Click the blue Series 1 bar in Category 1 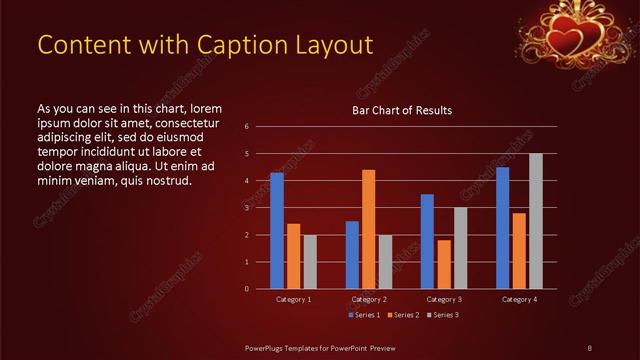point(277,231)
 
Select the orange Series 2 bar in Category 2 point(368,229)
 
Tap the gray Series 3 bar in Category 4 point(535,221)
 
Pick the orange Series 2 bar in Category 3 point(443,264)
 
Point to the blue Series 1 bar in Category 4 point(502,228)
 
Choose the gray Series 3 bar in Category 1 point(310,262)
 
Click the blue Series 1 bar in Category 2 point(352,255)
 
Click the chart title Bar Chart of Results point(402,110)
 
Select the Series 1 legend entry point(364,315)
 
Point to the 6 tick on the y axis point(247,127)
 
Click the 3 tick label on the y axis point(247,208)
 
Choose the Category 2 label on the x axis point(368,299)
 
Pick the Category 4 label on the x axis point(518,299)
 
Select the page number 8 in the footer point(589,347)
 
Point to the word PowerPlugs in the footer point(270,347)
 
